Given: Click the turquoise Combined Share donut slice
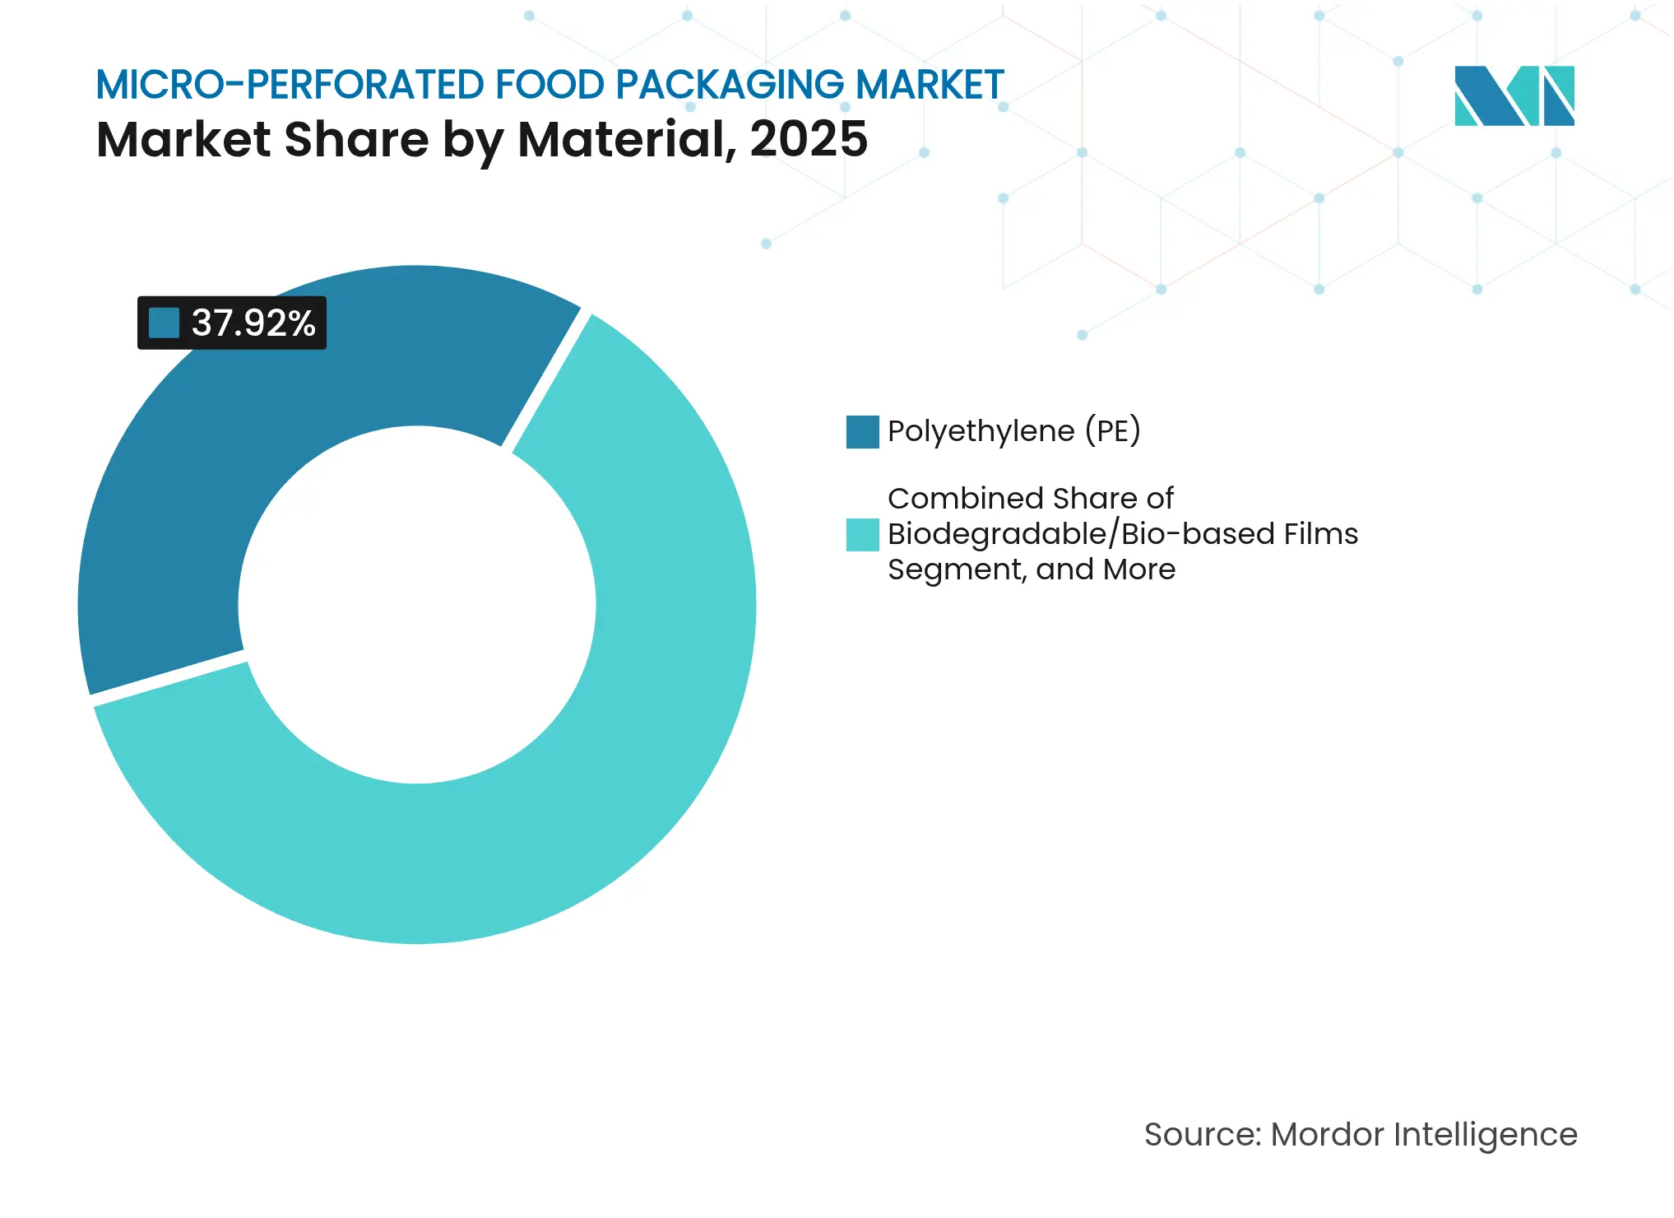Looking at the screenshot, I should [x=576, y=782].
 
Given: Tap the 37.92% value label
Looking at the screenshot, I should [x=253, y=323].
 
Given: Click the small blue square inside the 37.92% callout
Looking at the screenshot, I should [x=164, y=323].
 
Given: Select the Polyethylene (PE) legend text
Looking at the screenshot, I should [x=1013, y=431].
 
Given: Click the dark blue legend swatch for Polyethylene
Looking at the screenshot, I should [x=862, y=432].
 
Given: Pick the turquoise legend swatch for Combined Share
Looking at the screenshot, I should [x=862, y=534].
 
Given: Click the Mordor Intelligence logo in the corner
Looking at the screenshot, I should [x=1514, y=95].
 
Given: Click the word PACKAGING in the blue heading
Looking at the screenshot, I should [x=729, y=85].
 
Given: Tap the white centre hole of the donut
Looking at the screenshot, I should [x=416, y=605].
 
